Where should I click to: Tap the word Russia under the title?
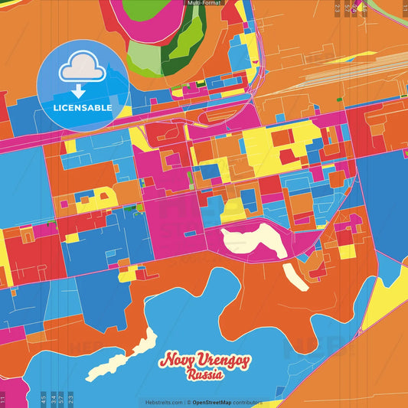pos(204,375)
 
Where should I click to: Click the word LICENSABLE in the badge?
pos(83,108)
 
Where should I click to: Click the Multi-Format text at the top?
pos(204,3)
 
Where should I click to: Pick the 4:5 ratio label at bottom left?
pos(43,399)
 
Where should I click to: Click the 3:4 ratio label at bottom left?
pos(52,399)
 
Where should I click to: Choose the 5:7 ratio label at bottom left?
pos(60,399)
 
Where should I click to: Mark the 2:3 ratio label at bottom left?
pos(70,399)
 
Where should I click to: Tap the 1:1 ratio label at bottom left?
pos(3,399)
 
